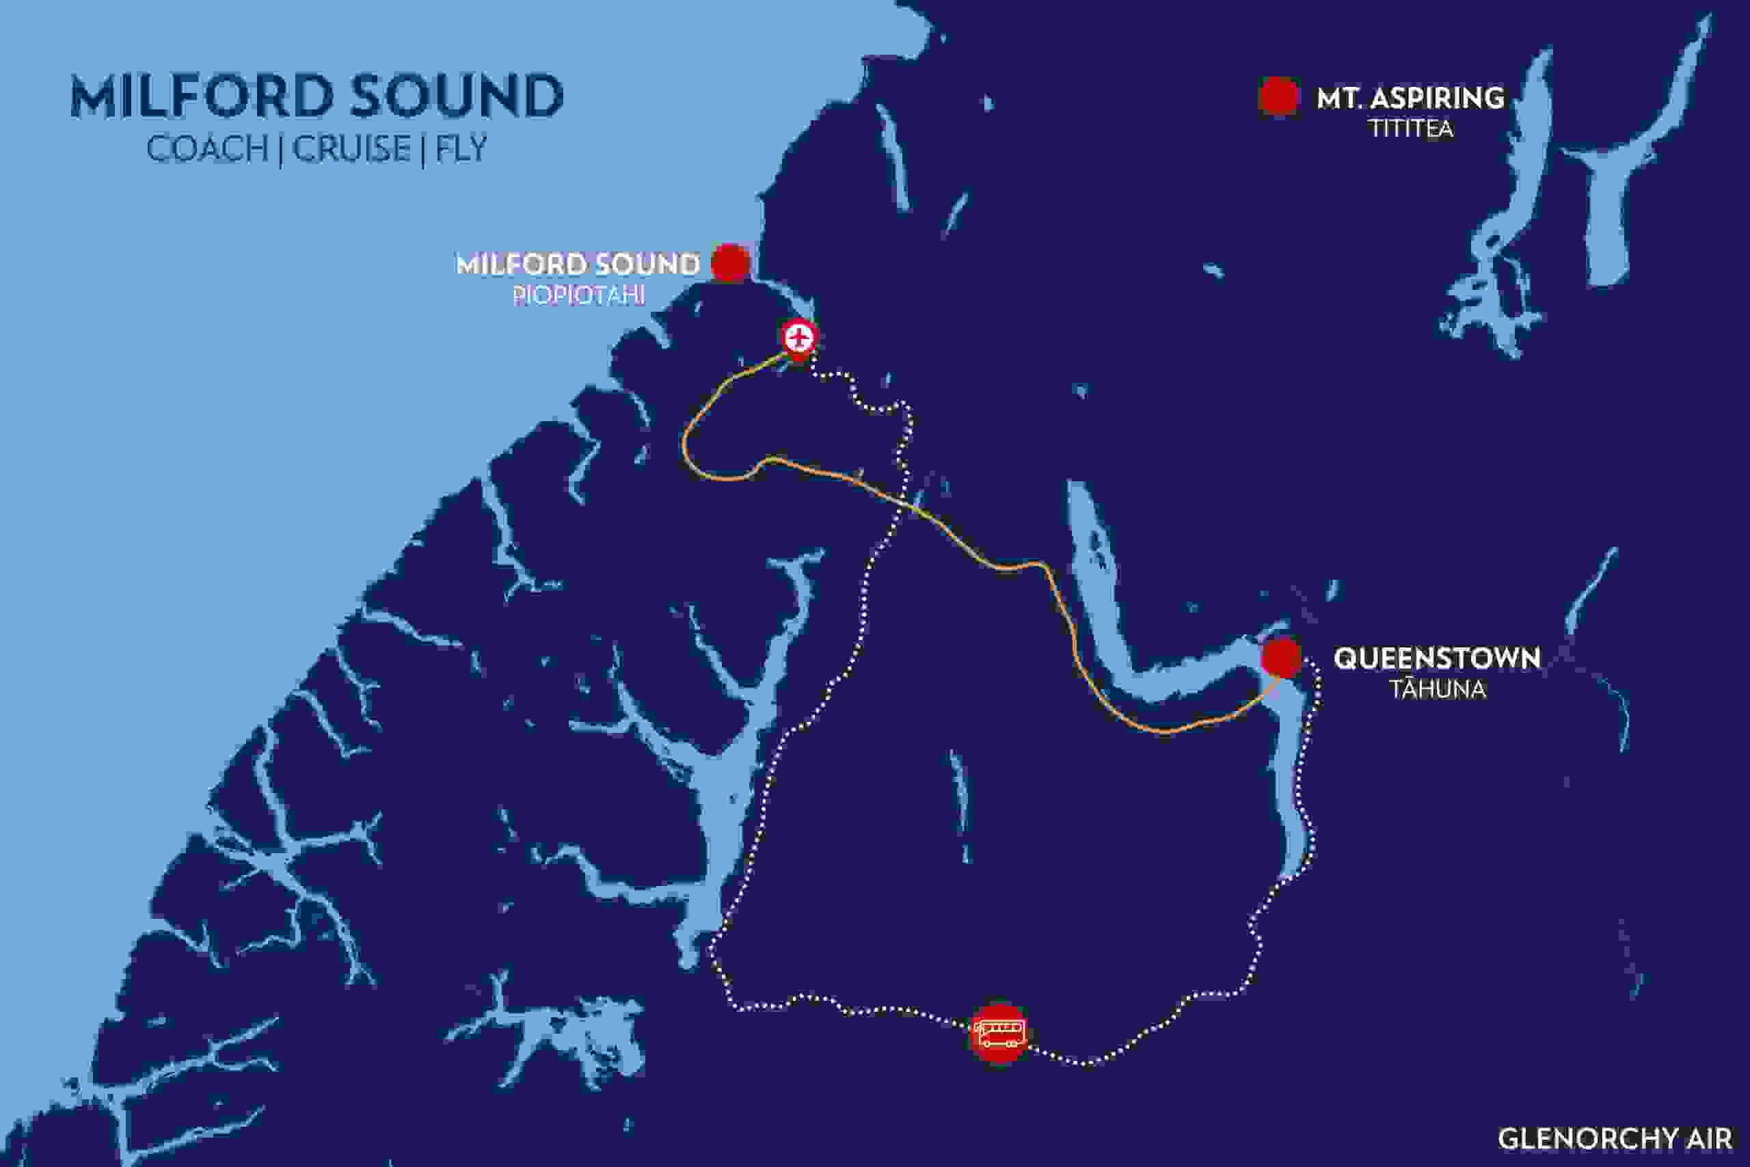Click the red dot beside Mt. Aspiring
1279,98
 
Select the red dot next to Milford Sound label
729,263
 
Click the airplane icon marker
798,338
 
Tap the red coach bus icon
999,1033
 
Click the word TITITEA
1412,129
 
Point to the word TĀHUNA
1438,689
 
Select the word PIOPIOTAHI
578,295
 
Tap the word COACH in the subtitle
208,148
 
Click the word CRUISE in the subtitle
351,148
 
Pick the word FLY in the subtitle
461,148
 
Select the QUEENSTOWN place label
1436,658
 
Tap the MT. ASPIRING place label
1410,98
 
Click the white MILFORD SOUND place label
578,264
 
